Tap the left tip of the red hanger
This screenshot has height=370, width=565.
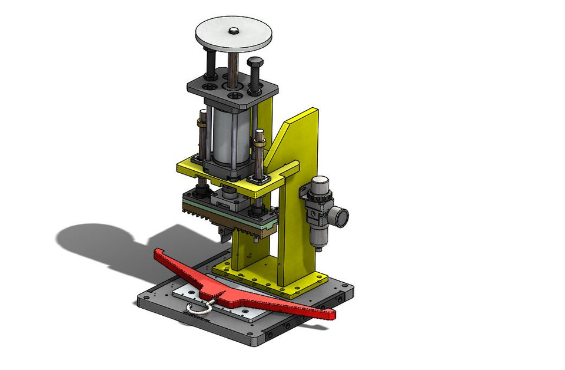[158, 253]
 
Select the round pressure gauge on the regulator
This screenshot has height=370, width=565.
[341, 216]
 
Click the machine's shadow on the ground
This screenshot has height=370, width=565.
[100, 242]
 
